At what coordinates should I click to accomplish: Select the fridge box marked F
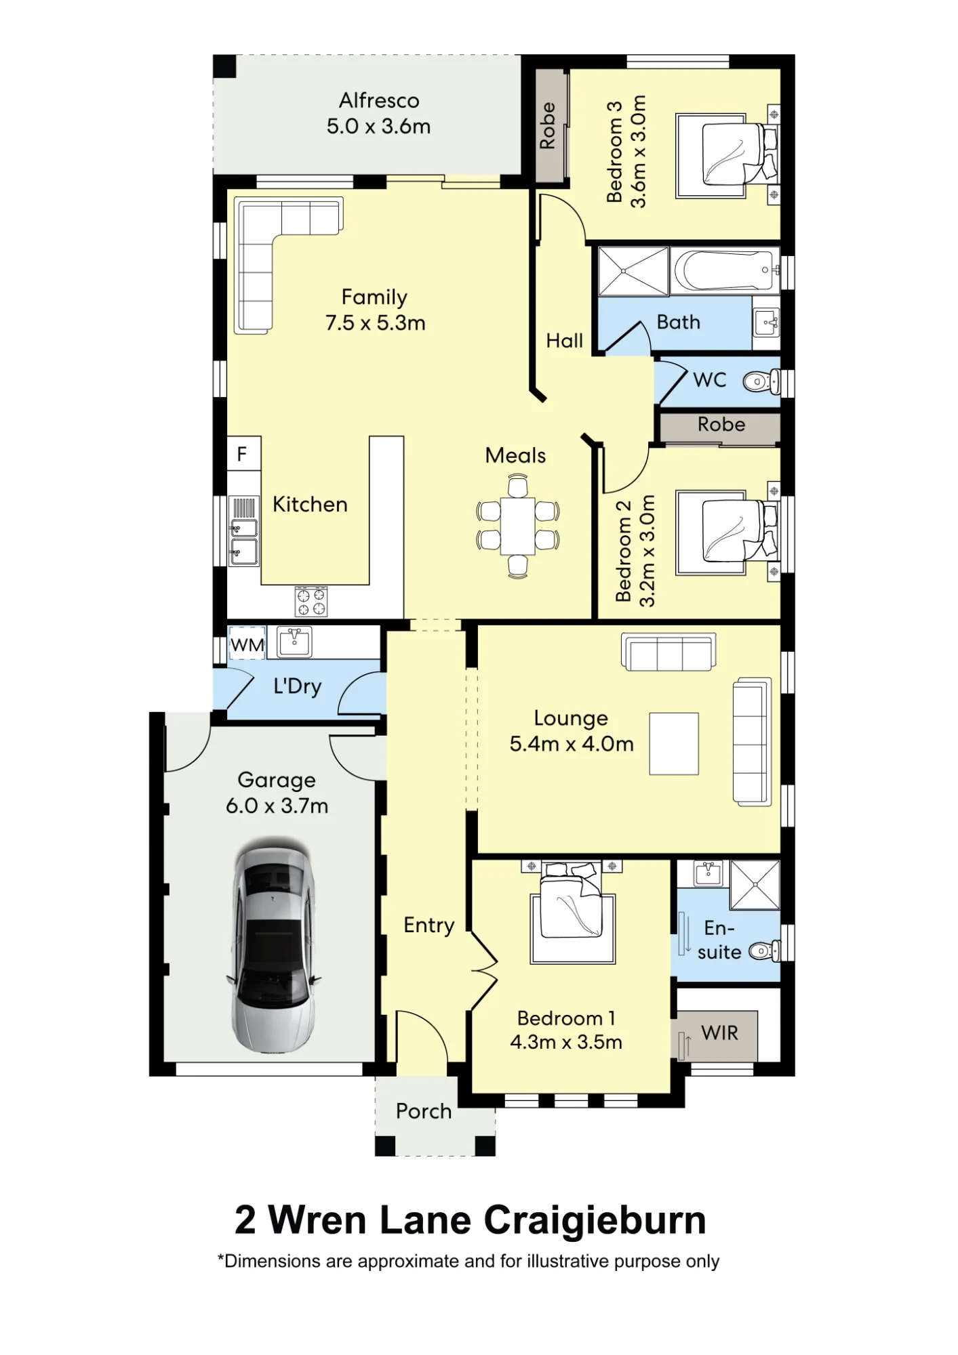click(x=243, y=453)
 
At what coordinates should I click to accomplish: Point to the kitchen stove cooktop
click(x=311, y=602)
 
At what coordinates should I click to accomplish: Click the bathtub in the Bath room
click(x=724, y=271)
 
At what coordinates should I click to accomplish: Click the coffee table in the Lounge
click(x=674, y=743)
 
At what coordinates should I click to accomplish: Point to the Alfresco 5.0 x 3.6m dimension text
click(x=379, y=126)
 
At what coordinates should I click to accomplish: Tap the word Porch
click(x=424, y=1111)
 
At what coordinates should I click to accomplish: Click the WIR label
click(x=720, y=1033)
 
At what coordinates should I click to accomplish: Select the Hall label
click(x=565, y=340)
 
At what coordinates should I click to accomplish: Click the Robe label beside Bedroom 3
click(x=548, y=126)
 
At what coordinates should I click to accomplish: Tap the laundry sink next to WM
click(x=294, y=642)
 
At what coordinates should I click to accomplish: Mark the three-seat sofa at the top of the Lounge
click(x=668, y=652)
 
